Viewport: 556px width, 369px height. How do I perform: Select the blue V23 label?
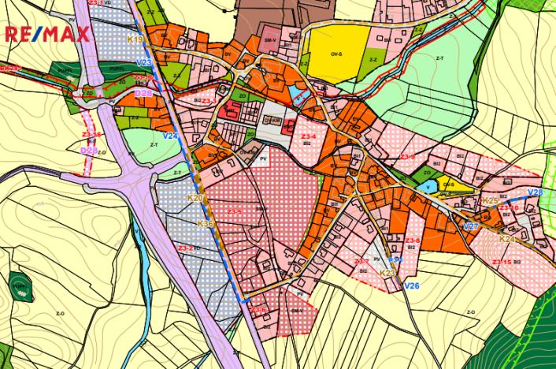143,62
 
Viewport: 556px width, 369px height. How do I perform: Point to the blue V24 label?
170,136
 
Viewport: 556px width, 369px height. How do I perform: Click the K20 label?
195,198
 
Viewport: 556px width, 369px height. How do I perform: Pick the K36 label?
205,224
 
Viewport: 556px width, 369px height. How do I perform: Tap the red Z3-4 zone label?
309,137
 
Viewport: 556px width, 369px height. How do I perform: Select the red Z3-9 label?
406,158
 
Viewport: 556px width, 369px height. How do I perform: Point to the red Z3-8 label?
413,240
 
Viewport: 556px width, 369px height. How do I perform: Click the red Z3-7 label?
361,262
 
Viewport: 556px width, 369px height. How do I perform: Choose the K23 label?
387,273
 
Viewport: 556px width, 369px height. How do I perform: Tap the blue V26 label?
411,285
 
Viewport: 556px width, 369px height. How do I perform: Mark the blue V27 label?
471,227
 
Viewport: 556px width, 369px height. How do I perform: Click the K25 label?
489,201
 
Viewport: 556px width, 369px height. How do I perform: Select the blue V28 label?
535,193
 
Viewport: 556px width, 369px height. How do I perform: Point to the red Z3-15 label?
501,262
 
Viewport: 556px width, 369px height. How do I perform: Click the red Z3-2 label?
187,248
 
